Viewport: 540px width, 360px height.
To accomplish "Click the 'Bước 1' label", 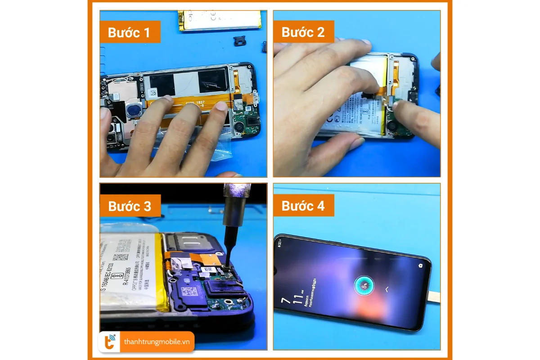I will coord(130,32).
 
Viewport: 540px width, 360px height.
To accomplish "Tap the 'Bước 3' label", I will coord(130,206).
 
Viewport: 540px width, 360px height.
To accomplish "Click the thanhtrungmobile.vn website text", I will coord(157,342).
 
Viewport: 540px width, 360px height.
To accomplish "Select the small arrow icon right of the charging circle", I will coord(386,289).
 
